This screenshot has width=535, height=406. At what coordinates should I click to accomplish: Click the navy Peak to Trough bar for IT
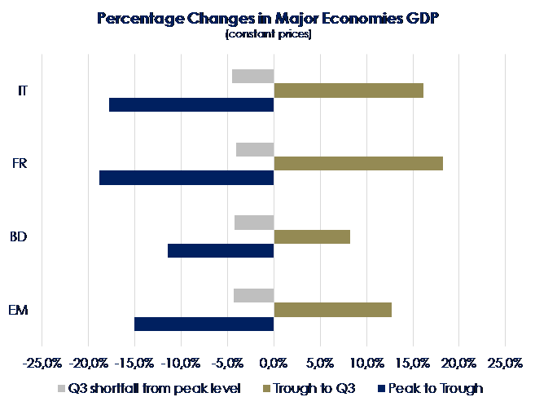click(x=191, y=104)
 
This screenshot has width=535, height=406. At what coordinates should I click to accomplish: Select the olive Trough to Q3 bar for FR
click(x=358, y=163)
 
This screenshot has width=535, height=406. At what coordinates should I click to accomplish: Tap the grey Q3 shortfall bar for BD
click(x=254, y=223)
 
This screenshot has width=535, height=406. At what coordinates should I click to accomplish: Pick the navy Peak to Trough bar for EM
click(x=204, y=324)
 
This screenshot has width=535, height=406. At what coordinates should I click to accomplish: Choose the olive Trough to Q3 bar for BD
click(x=312, y=236)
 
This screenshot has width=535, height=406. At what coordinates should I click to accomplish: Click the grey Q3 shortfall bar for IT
click(x=252, y=76)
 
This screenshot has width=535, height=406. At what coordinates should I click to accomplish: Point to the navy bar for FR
click(x=186, y=178)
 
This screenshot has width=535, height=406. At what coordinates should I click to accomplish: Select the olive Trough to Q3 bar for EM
click(x=332, y=310)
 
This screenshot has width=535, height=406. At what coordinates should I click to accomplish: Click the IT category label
click(x=24, y=90)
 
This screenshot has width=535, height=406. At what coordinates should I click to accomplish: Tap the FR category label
click(x=23, y=164)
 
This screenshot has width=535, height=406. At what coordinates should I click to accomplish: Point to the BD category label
click(x=23, y=237)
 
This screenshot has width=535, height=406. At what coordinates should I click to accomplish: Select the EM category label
click(x=23, y=310)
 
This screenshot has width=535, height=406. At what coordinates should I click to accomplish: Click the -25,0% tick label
click(x=42, y=361)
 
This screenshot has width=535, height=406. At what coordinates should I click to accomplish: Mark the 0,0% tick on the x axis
click(x=274, y=361)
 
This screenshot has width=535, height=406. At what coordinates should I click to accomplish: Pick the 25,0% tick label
click(x=505, y=361)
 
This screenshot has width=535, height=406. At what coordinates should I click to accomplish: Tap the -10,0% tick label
click(x=181, y=361)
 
